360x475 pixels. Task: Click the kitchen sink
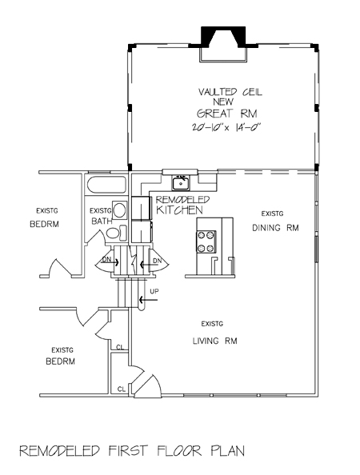[x=181, y=183]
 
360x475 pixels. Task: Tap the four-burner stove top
[x=206, y=241]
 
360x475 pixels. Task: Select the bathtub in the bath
[x=106, y=185]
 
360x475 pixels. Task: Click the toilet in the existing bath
[x=117, y=233]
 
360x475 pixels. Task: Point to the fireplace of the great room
[x=223, y=44]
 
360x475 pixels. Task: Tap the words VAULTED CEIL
[x=230, y=91]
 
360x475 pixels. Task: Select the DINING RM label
[x=275, y=228]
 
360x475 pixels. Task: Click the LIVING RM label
[x=215, y=341]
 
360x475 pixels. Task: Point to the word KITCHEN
[x=179, y=210]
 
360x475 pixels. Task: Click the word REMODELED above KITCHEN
[x=182, y=200]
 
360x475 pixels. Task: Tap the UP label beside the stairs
[x=154, y=291]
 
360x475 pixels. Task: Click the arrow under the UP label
[x=148, y=300]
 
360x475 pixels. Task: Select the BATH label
[x=102, y=221]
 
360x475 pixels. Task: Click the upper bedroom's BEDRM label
[x=44, y=224]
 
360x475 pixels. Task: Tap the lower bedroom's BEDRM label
[x=60, y=361]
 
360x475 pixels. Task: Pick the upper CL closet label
[x=120, y=348]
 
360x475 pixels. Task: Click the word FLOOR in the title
[x=179, y=451]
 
